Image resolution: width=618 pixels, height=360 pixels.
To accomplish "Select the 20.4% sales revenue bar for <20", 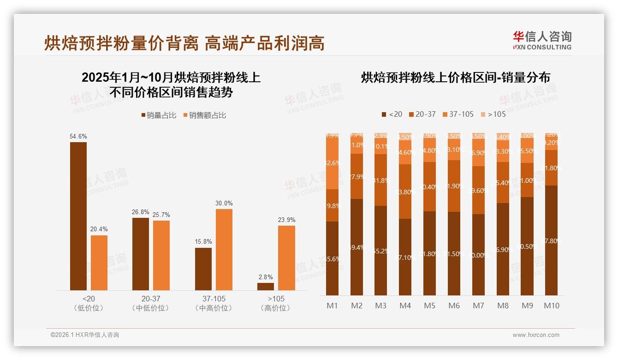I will tap(99, 263).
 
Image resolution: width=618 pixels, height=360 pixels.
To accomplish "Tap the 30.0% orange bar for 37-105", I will tap(224, 250).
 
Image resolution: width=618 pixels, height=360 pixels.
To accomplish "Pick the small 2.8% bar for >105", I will tap(266, 287).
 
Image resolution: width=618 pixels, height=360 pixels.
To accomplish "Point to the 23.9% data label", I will tap(286, 220).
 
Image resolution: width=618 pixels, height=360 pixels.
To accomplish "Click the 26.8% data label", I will tap(141, 212).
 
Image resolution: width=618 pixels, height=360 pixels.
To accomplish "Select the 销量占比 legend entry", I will tap(159, 115).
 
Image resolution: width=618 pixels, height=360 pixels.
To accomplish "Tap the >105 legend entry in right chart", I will tap(493, 114).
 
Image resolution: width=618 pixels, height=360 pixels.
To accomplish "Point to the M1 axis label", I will tap(333, 306).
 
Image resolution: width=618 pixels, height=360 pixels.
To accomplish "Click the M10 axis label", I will tap(552, 306).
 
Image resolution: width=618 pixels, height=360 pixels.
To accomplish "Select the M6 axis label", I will tap(454, 306).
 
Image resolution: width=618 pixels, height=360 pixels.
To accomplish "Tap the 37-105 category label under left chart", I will tap(214, 299).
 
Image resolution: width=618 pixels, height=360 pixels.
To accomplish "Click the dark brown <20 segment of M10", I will tap(552, 240).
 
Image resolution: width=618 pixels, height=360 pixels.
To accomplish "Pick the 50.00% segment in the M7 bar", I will tap(479, 255).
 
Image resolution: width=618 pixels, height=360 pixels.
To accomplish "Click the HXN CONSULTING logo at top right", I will tap(542, 40).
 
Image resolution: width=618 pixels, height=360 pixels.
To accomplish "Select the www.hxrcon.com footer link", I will tap(536, 335).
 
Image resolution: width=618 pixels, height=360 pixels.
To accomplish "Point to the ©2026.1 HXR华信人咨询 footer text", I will tap(85, 335).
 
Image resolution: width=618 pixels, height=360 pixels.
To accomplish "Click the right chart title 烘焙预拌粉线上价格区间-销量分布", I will tap(455, 78).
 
